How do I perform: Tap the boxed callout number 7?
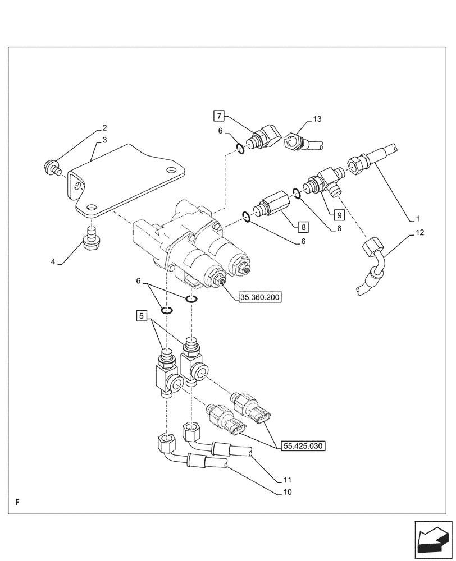219,116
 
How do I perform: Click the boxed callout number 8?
302,227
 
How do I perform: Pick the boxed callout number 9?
338,214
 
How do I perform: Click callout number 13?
317,119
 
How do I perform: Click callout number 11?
289,480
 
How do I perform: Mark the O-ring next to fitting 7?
240,149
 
